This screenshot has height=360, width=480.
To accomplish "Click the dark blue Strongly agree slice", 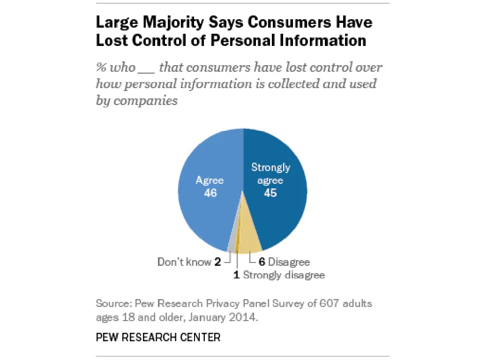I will point(281,216).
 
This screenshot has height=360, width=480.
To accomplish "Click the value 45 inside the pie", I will point(270,193).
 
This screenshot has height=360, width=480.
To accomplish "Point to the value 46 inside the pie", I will point(210,193).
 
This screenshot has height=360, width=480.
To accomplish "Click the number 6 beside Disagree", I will point(262,262).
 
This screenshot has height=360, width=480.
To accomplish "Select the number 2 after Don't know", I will point(218,262).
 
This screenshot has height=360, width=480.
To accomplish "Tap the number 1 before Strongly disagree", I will point(237,275).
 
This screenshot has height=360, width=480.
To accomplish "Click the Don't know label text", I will point(184,262).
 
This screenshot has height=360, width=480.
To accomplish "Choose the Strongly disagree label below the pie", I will point(284,275).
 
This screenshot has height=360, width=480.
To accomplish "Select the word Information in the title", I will point(323,40).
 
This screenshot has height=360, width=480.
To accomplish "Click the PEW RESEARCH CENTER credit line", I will point(158,337).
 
